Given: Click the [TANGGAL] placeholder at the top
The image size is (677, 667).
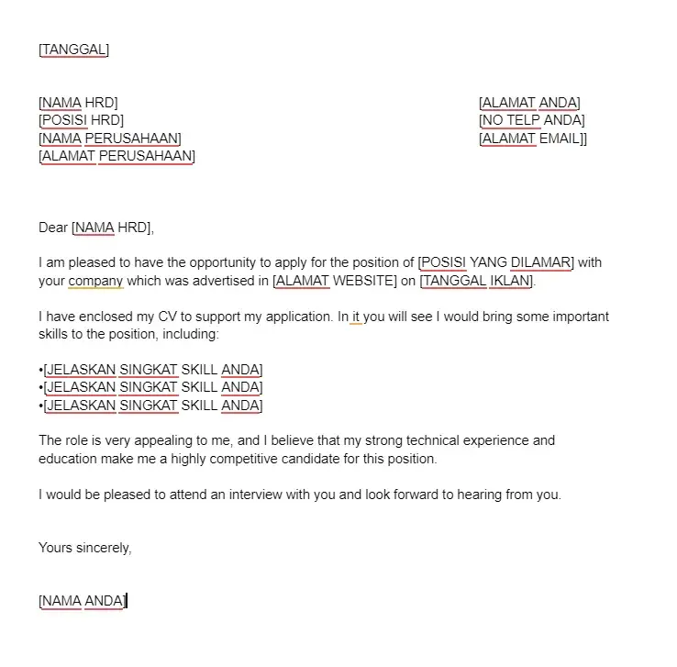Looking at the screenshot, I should point(73,50).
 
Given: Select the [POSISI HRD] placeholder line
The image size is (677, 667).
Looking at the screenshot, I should point(81,120).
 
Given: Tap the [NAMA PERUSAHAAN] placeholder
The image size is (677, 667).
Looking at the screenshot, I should point(110,139).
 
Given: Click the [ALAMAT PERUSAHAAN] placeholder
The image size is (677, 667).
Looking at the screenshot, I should point(117,156).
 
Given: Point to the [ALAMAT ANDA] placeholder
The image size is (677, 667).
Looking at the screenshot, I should point(529,103).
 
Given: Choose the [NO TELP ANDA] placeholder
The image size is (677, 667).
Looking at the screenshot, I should point(531,120).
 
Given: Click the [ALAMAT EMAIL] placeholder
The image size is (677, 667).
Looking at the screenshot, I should point(532,139).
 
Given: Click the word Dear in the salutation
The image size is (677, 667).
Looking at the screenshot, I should point(53,228).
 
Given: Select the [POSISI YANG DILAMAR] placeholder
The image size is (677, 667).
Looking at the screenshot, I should point(495,262).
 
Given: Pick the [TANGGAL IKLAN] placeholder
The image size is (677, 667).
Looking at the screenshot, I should point(476,281).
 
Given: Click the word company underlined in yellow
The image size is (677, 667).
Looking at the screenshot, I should point(95,281).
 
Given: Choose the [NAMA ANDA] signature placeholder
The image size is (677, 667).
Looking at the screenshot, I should point(82,601).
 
